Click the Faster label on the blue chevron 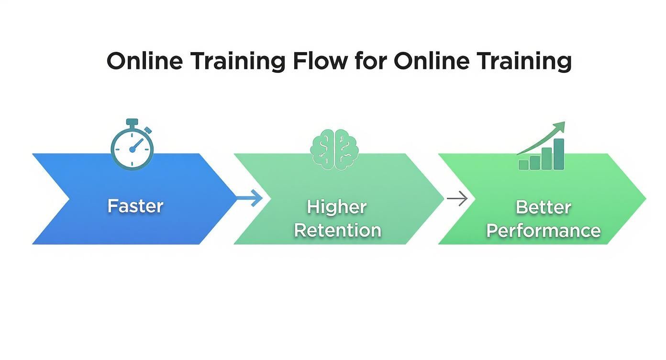(x=135, y=206)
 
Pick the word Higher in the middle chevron (x=337, y=207)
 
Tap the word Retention (x=338, y=230)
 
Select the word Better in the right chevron (x=544, y=207)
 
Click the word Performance (x=544, y=231)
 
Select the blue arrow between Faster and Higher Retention (x=251, y=198)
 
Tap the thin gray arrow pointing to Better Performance (x=457, y=198)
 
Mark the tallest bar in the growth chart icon (x=558, y=154)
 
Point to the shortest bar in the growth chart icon (x=523, y=165)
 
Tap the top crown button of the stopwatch (x=132, y=122)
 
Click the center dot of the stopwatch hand (x=133, y=149)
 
